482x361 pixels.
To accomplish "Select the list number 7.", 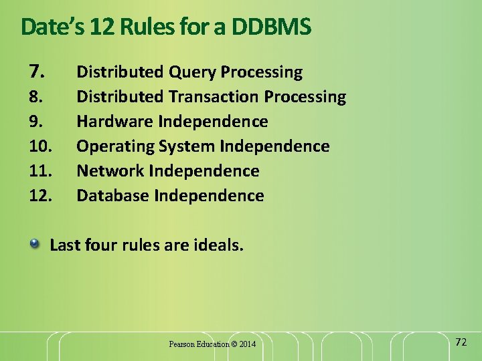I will [x=37, y=71].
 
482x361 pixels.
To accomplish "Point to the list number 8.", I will [x=36, y=97].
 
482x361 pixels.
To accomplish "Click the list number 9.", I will [x=36, y=122].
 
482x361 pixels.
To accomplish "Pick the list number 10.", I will [x=40, y=146].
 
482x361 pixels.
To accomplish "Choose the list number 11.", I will [x=40, y=171].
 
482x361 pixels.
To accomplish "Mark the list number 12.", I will [x=40, y=196].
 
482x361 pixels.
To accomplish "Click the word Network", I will [x=110, y=171].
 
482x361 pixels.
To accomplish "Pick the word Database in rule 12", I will [x=113, y=196].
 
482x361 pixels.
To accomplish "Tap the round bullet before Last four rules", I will [x=34, y=244].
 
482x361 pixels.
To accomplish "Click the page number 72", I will [x=461, y=342].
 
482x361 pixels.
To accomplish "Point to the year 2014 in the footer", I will [x=246, y=344].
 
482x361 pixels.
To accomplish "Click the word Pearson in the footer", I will [x=181, y=344].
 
